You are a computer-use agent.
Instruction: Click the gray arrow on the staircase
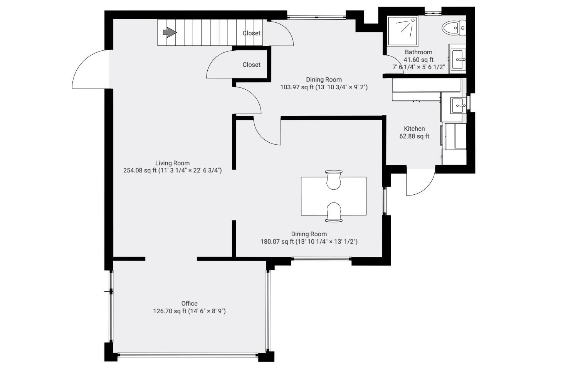170,32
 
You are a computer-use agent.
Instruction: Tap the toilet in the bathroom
454,28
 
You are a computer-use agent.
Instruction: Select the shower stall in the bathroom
403,32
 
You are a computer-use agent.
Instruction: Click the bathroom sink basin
458,60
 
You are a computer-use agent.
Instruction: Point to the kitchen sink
458,105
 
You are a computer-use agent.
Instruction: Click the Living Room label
172,163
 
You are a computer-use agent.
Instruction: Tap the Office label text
190,304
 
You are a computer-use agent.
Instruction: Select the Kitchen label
414,129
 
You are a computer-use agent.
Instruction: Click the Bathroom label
418,52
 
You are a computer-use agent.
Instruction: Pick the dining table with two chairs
334,196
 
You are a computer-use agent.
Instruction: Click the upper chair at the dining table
334,180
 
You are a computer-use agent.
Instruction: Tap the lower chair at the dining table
334,212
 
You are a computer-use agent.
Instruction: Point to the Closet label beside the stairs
251,33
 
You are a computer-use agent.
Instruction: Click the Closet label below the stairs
251,65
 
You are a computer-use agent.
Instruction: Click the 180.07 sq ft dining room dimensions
309,242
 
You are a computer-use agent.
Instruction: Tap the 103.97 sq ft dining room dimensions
324,87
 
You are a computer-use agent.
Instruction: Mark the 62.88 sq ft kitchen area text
414,136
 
